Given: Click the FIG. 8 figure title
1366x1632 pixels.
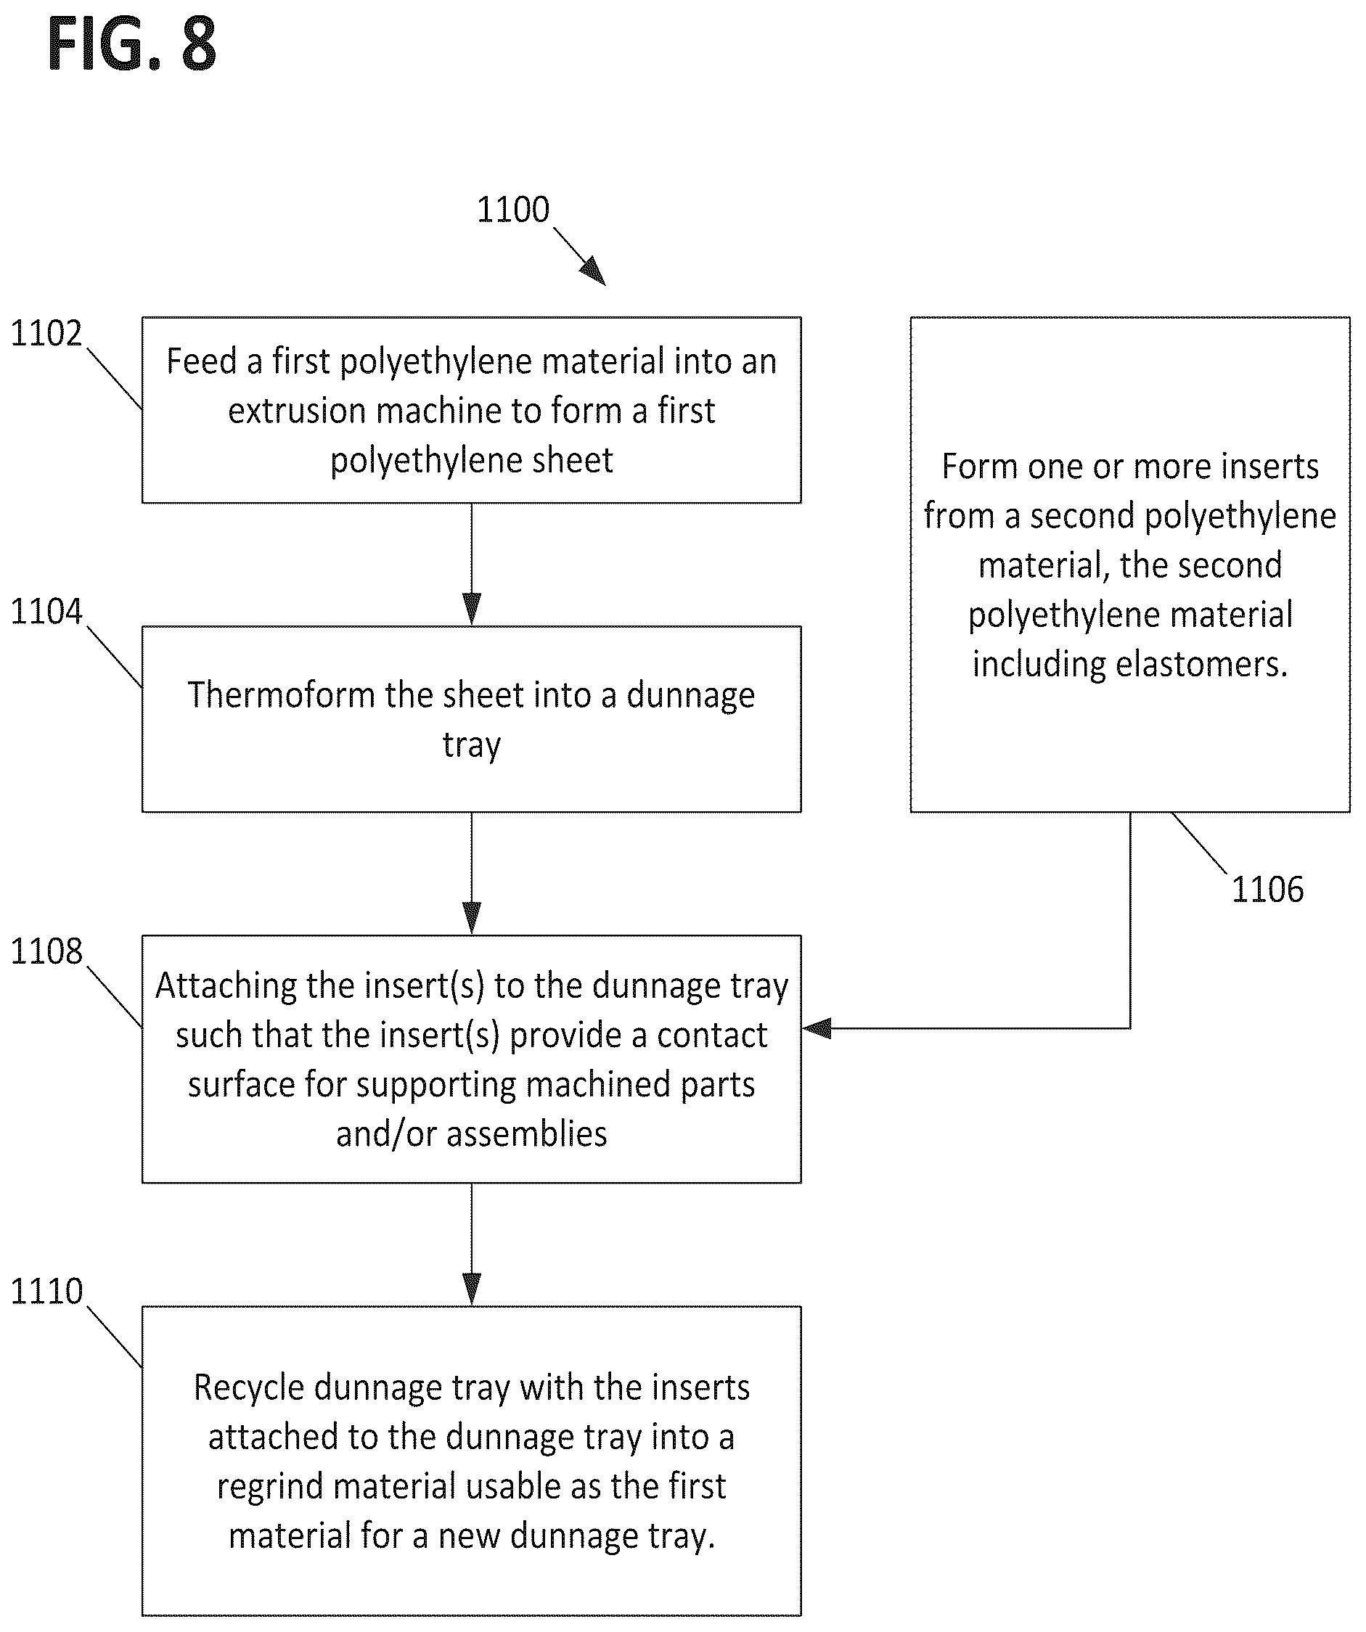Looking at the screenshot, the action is coord(131,45).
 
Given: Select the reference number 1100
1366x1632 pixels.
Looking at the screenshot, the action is coord(513,210).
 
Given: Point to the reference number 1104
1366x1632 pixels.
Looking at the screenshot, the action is coord(46,612).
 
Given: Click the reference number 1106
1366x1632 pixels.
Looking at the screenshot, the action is coord(1267,889).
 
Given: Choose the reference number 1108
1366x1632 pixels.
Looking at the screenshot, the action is coord(46,952).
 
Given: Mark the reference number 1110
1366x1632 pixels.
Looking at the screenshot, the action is coord(46,1292).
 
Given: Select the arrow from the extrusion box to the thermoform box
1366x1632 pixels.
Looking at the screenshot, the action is coord(471,565).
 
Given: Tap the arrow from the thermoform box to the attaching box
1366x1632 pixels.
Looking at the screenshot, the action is coord(471,874).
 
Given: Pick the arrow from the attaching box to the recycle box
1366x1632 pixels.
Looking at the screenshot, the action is coord(471,1245).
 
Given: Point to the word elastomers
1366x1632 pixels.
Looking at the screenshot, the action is coord(1202,665).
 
